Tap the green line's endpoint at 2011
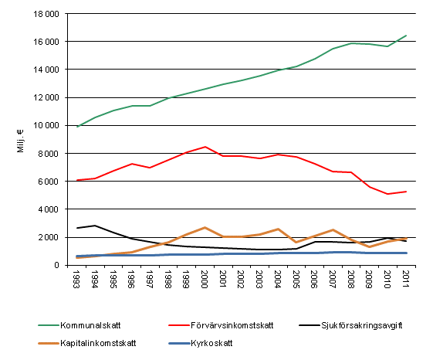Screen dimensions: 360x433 406,36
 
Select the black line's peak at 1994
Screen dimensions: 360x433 95,226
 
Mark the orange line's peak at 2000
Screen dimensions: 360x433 205,228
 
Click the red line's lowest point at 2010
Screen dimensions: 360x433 387,194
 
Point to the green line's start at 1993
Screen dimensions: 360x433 77,127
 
